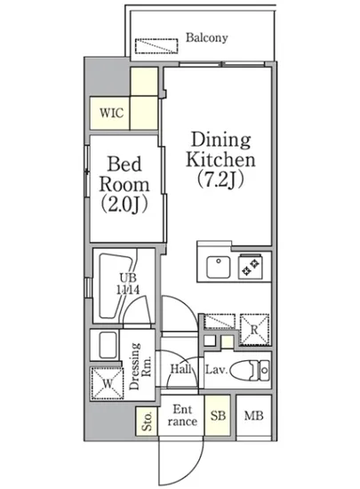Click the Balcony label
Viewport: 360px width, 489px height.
tap(207, 37)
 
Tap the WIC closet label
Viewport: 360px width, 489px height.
tap(111, 113)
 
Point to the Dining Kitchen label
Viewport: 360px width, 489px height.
tap(220, 150)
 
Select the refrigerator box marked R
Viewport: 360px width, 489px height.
tap(252, 328)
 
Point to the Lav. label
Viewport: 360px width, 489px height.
tap(215, 369)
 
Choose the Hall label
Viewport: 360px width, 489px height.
tap(181, 369)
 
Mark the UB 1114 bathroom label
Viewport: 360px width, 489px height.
tap(115, 284)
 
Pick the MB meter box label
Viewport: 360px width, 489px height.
tap(253, 415)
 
